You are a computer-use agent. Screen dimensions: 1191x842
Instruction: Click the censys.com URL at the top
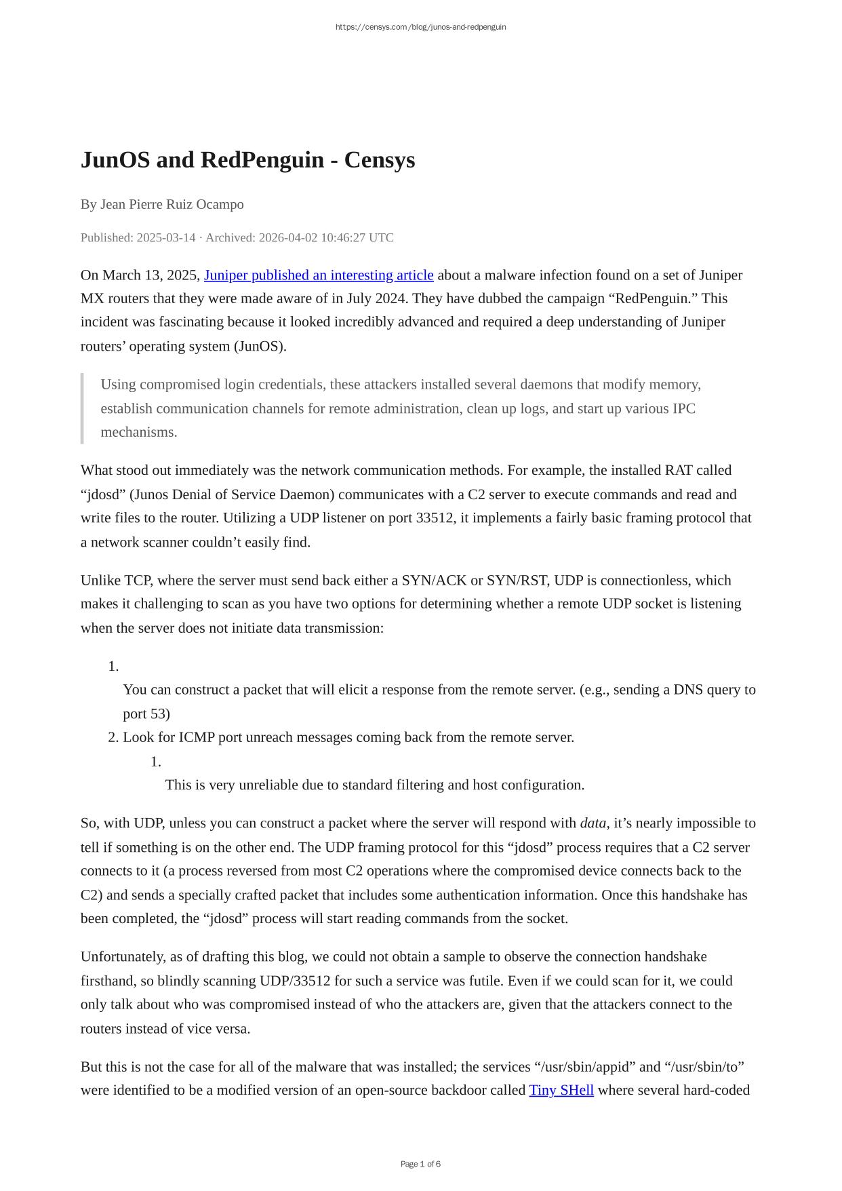click(420, 27)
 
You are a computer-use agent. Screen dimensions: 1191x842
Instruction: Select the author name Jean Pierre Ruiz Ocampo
click(172, 204)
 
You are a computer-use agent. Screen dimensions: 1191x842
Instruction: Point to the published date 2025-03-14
click(166, 237)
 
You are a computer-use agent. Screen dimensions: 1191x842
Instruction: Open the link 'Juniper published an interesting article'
click(319, 275)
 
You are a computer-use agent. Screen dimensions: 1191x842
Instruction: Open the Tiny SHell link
click(561, 1090)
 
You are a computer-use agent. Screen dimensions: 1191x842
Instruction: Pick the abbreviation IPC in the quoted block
click(683, 408)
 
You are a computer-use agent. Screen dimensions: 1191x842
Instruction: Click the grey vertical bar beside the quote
click(82, 408)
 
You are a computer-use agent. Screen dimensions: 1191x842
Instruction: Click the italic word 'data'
click(593, 823)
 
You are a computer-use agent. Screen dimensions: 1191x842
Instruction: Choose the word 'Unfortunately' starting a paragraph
click(119, 957)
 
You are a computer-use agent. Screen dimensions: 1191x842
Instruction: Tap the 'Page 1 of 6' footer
click(420, 1164)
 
